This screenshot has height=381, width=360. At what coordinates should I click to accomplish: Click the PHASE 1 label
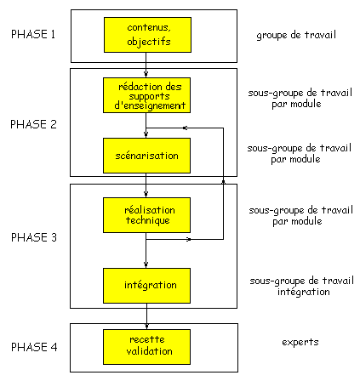[x=33, y=34]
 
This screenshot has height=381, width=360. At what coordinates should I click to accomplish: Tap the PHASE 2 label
[x=33, y=124]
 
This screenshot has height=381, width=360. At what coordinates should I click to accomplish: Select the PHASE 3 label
[x=34, y=237]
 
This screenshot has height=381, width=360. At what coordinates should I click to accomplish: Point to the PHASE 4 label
[x=34, y=347]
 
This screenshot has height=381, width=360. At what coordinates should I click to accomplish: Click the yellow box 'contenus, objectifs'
[x=147, y=35]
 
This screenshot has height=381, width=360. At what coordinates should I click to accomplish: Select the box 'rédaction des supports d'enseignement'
[x=146, y=95]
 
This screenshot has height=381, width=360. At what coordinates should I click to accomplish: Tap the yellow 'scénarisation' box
[x=146, y=156]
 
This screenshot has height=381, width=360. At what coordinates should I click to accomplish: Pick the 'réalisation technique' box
[x=146, y=215]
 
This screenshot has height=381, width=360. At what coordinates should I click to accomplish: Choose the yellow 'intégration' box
[x=146, y=286]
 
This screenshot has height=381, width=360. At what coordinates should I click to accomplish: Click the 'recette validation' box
[x=146, y=347]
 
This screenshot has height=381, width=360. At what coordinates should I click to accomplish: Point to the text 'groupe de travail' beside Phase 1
[x=296, y=36]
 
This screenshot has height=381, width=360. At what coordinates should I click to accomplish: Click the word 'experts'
[x=300, y=343]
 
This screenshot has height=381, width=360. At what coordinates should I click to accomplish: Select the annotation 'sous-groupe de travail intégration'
[x=302, y=287]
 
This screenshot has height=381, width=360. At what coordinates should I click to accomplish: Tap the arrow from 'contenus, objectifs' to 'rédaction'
[x=146, y=65]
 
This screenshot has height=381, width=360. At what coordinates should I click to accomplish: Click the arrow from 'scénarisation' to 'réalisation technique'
[x=146, y=185]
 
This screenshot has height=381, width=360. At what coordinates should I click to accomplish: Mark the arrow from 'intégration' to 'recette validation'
[x=146, y=316]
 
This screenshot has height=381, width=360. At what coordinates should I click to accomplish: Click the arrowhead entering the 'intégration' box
[x=146, y=265]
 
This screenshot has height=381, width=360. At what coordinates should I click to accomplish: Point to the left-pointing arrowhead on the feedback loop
[x=185, y=128]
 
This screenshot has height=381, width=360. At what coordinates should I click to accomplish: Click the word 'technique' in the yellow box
[x=148, y=220]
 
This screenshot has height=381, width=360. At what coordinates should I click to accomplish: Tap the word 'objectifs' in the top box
[x=149, y=42]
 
